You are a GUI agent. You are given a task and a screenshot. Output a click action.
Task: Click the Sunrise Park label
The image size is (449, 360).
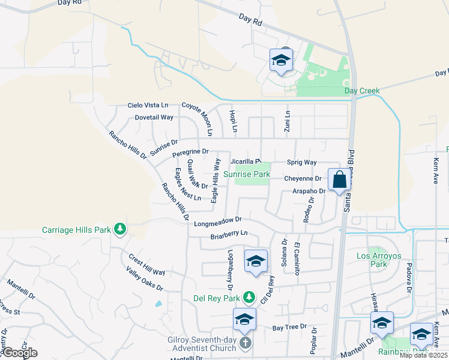pos(247,174)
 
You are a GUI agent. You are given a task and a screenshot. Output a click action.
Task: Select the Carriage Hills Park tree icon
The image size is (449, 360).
pos(120,229)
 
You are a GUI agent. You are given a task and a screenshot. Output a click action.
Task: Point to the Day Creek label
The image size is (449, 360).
pos(362,91)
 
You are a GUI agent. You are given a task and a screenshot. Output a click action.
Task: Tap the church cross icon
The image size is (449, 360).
pos(245,343)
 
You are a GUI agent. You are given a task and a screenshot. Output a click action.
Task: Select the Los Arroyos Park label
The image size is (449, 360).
pos(378,260)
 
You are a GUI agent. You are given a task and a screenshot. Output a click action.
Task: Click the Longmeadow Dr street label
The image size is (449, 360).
pos(218,223)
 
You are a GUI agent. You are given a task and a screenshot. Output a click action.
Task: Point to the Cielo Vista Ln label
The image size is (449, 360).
pos(147,105)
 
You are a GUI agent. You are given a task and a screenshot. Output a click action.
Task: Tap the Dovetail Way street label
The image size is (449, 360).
pos(154,118)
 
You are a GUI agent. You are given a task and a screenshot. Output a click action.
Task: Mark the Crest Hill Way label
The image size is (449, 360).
pos(146,264)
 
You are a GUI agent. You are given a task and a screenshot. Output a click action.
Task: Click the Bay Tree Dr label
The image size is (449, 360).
pos(289,328)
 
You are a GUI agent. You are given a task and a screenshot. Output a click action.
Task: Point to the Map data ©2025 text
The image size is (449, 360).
pos(423,356)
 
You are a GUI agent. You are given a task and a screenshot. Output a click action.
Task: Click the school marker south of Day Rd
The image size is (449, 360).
pos(280,61)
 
